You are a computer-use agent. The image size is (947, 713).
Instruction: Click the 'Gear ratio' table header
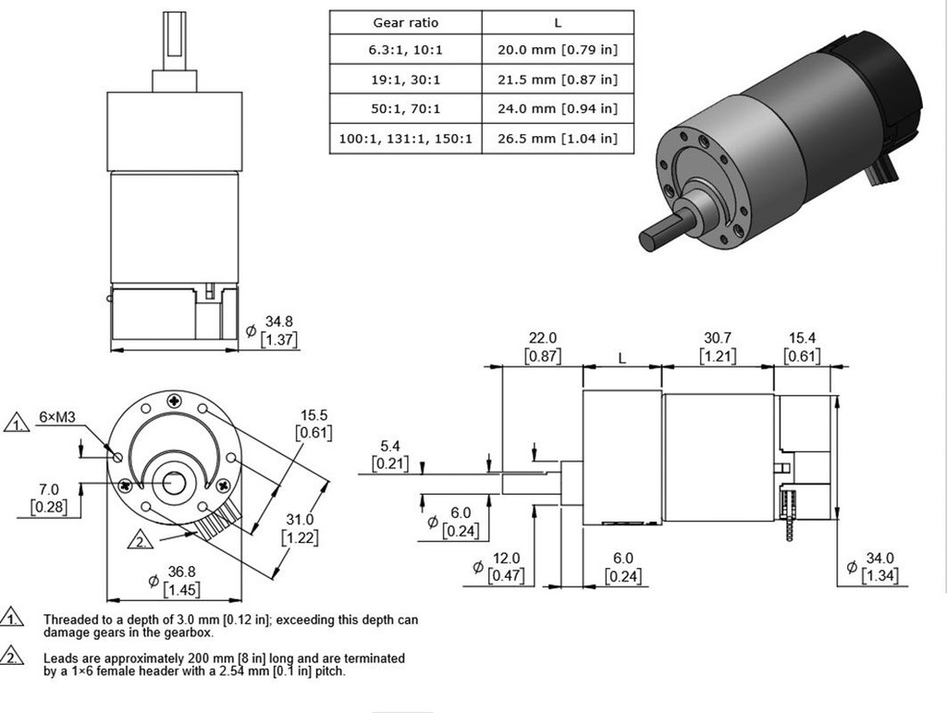pos(405,22)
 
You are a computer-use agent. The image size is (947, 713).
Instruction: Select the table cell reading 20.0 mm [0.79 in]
pos(558,50)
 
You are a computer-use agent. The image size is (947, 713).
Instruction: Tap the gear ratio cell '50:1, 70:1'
pos(405,109)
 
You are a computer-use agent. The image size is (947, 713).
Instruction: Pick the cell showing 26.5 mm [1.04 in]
pos(558,139)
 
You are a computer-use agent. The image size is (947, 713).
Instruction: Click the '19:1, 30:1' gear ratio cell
pos(405,80)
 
